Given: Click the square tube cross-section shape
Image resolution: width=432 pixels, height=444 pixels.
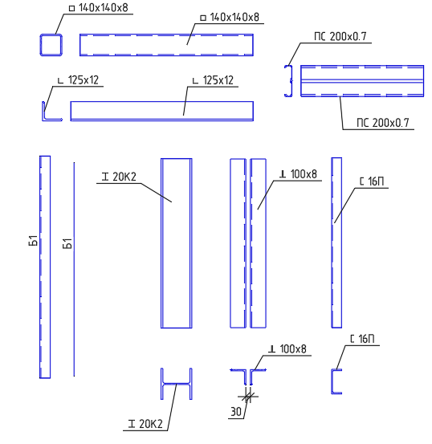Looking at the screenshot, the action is [x=41, y=45].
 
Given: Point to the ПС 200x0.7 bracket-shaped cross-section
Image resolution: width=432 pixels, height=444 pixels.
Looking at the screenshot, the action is [x=291, y=81].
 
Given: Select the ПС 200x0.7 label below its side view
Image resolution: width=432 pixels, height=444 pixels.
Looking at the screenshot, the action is [x=383, y=123].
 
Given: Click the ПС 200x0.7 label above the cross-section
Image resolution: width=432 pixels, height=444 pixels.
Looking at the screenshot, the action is [x=340, y=36].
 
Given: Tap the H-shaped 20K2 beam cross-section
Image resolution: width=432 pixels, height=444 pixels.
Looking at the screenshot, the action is [x=176, y=384].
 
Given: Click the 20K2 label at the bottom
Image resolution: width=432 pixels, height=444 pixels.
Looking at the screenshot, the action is [x=145, y=424].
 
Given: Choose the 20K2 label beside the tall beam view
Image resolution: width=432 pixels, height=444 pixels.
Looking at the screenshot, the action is [x=119, y=177].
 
